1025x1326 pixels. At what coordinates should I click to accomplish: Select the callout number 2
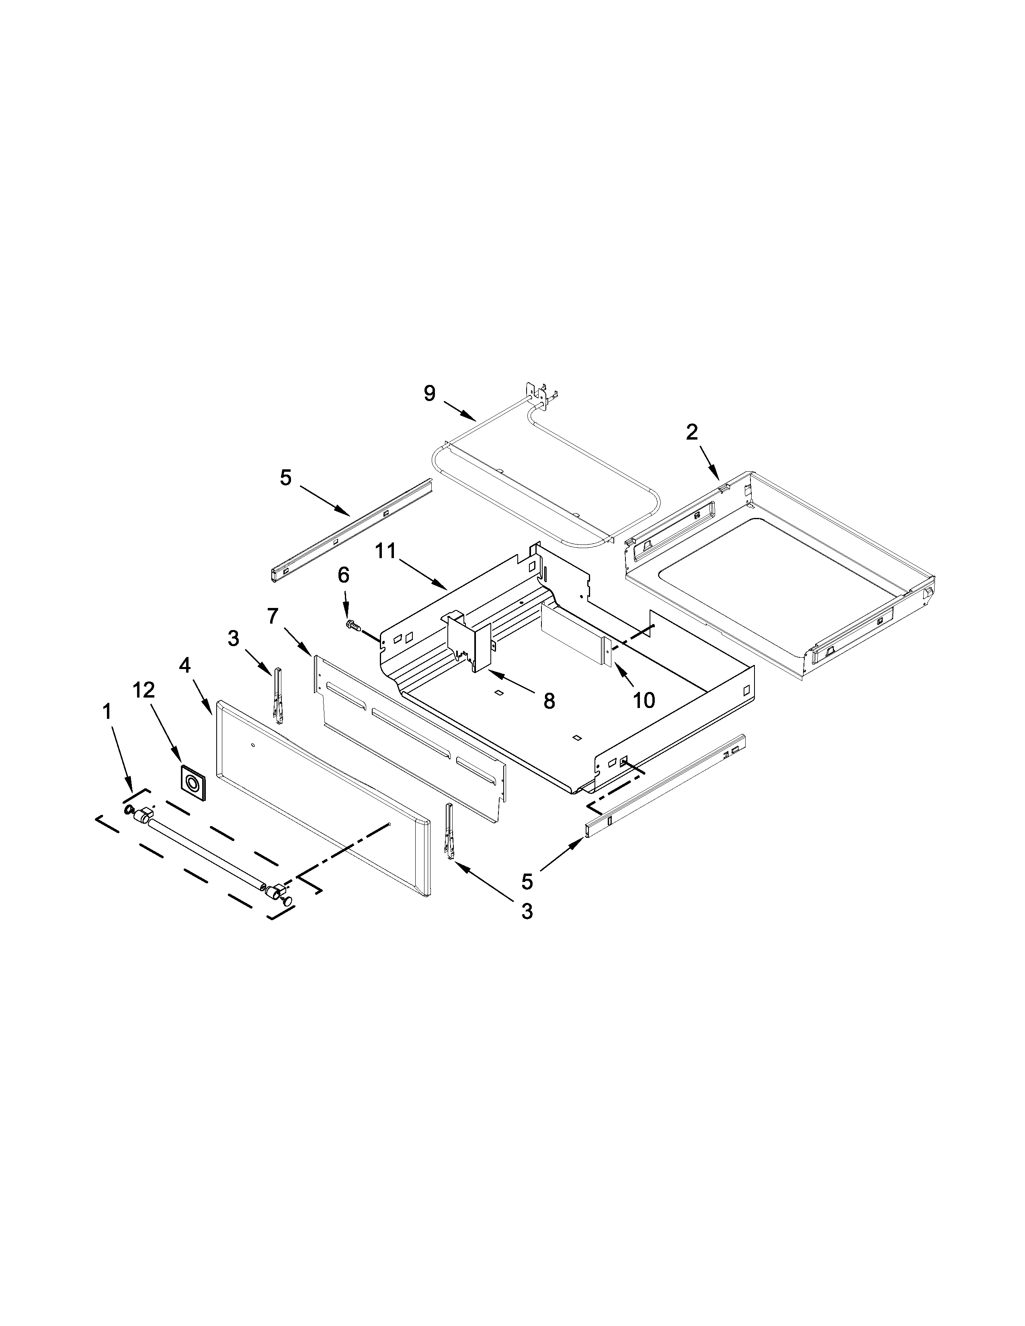[x=692, y=432]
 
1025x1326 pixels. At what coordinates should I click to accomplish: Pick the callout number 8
[x=549, y=701]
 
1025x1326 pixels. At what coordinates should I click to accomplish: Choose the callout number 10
[x=644, y=700]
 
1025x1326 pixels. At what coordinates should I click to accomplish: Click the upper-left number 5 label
[x=285, y=477]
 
